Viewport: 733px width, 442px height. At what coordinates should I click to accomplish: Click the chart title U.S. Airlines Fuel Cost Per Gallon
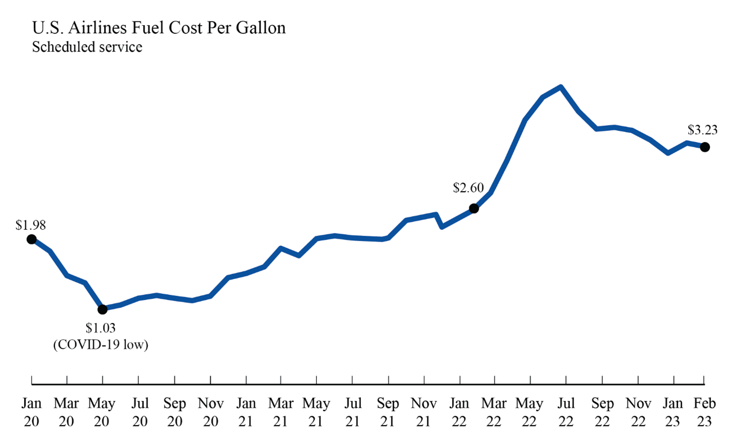(x=158, y=28)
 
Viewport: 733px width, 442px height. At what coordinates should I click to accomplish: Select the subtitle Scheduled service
(x=87, y=47)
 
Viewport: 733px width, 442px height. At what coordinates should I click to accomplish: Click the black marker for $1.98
(x=32, y=239)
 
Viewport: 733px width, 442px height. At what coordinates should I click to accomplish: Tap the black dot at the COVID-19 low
(x=103, y=309)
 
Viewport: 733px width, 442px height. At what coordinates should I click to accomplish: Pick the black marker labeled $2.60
(x=474, y=209)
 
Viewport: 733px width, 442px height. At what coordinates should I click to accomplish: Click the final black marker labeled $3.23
(x=705, y=147)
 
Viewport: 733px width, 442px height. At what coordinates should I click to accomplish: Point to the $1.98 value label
(x=31, y=225)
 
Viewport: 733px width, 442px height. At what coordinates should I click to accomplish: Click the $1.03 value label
(x=100, y=328)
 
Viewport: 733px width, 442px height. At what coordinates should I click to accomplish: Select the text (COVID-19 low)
(x=100, y=345)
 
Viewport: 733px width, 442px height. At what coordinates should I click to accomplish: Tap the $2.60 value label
(x=468, y=188)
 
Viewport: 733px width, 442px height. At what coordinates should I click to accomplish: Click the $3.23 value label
(x=702, y=130)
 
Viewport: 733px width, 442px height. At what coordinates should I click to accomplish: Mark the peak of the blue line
(x=561, y=87)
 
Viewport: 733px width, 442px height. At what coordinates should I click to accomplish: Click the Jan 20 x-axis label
(x=32, y=412)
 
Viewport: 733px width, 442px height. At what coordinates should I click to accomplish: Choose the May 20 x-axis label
(x=101, y=412)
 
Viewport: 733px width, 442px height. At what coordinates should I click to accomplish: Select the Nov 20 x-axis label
(x=211, y=412)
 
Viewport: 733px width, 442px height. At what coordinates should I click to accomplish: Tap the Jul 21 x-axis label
(x=353, y=412)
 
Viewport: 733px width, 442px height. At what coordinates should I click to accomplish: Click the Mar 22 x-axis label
(x=494, y=412)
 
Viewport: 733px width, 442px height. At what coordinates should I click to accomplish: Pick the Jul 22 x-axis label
(x=566, y=412)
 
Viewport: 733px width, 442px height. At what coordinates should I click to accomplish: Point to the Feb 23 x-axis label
(x=704, y=412)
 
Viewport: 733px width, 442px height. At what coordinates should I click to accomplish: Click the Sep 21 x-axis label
(x=388, y=412)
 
